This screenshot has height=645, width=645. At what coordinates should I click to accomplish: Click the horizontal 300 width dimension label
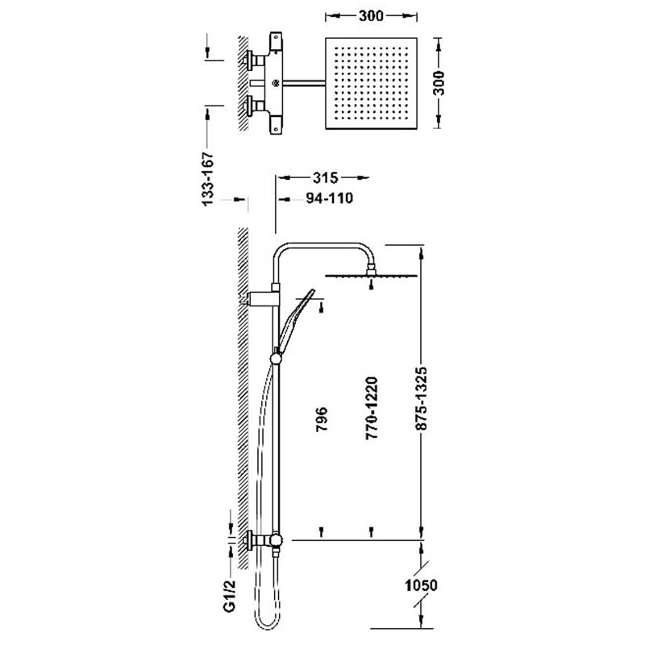click(371, 16)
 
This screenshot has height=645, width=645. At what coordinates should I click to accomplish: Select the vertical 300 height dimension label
click(439, 83)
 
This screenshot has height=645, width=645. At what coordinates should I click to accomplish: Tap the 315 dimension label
click(325, 178)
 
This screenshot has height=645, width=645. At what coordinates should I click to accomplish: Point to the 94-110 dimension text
click(330, 198)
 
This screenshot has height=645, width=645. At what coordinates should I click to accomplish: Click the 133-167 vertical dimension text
click(208, 179)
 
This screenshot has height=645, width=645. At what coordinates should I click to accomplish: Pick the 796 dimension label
click(322, 419)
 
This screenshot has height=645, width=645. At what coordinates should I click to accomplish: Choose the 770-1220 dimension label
click(371, 408)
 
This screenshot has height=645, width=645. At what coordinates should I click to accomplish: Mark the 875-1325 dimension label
click(421, 398)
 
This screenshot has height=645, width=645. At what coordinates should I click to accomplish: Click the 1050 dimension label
click(421, 585)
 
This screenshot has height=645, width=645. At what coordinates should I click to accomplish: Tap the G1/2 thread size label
click(230, 596)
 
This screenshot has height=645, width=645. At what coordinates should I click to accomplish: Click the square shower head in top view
click(371, 84)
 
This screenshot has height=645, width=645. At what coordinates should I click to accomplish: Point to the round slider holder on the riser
click(276, 359)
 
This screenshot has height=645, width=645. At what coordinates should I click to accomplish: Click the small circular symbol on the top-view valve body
click(276, 84)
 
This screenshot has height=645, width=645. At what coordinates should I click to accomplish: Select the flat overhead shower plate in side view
click(371, 276)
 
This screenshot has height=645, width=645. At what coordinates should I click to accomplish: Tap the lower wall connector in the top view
click(255, 106)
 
